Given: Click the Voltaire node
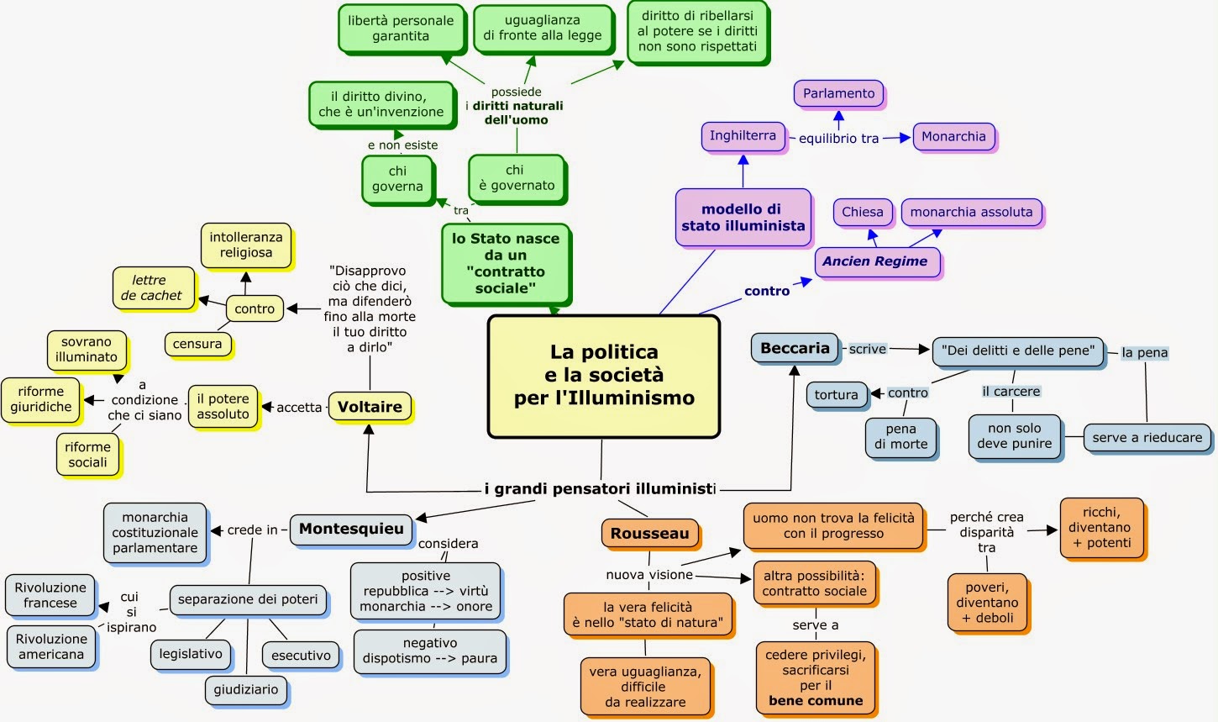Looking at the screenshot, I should (370, 407).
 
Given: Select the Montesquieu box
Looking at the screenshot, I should (351, 529).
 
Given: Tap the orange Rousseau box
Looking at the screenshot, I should (649, 533).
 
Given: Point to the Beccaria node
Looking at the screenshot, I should (795, 348).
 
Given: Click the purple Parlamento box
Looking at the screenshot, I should (838, 93).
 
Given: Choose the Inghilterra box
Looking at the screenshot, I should (743, 135).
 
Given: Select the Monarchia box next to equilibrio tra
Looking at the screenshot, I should (953, 136).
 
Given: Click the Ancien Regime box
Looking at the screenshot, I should (875, 261).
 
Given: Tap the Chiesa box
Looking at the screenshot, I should (863, 212).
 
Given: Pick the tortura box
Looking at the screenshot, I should (836, 394).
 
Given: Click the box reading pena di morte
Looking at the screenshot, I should (900, 436).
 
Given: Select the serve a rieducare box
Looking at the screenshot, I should (1147, 437).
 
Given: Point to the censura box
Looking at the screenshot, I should (197, 343).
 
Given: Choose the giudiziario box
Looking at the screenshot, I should (245, 689).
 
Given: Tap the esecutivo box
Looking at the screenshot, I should (301, 655).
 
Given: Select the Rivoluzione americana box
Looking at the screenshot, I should (50, 646).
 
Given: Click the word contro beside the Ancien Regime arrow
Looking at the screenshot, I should (766, 291).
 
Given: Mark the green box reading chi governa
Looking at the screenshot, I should (397, 178).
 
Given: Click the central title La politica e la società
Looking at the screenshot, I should (604, 375).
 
